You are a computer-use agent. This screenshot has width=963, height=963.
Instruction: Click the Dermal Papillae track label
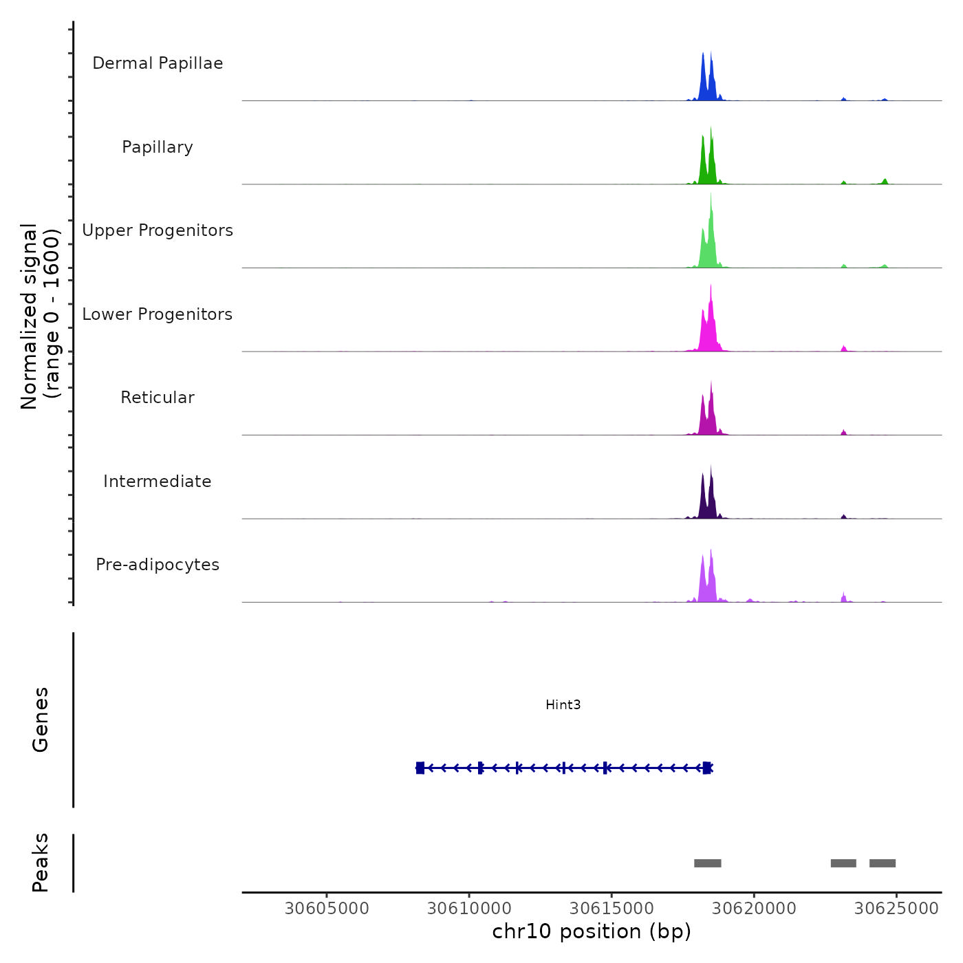click(158, 63)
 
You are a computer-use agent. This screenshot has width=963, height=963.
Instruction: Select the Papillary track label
click(158, 147)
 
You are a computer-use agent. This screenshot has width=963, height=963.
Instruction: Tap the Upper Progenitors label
click(158, 230)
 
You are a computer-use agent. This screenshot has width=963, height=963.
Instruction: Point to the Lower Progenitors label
click(158, 314)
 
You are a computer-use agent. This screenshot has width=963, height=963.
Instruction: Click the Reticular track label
click(158, 398)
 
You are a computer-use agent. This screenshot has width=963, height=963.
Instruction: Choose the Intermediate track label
click(158, 481)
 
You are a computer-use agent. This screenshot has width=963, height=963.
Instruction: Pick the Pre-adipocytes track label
click(158, 565)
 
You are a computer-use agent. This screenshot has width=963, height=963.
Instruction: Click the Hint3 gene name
click(563, 704)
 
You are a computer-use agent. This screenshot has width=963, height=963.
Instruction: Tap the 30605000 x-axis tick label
click(327, 909)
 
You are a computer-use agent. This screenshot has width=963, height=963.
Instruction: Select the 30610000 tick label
click(469, 909)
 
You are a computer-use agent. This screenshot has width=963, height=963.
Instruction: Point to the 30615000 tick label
click(612, 909)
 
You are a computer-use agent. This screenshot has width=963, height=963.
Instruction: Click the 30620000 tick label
click(754, 909)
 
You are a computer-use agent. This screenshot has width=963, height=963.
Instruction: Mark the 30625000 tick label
click(896, 909)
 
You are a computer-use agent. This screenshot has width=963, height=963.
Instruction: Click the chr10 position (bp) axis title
click(592, 931)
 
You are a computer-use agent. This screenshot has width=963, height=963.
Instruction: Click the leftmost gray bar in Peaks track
click(707, 863)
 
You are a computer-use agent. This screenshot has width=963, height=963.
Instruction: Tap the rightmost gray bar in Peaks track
click(883, 863)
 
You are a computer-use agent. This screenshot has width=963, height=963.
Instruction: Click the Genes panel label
click(41, 719)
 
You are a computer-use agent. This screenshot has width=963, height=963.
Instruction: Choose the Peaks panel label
click(41, 863)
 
